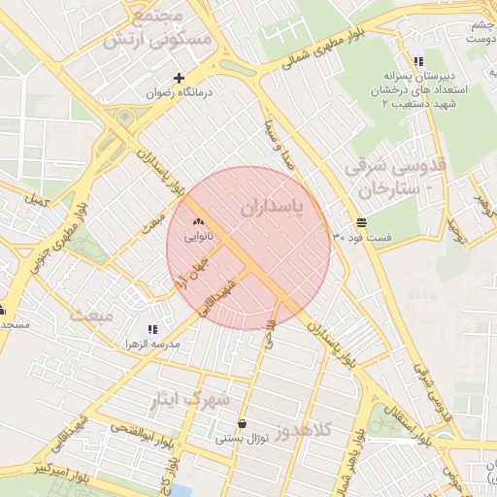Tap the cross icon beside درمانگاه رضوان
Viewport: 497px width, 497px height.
(179, 78)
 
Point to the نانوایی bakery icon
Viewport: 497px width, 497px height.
(200, 222)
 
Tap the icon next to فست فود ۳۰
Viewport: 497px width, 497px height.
(348, 222)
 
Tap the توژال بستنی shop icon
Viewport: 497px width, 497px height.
(242, 424)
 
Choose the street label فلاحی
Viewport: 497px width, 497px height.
(271, 336)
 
